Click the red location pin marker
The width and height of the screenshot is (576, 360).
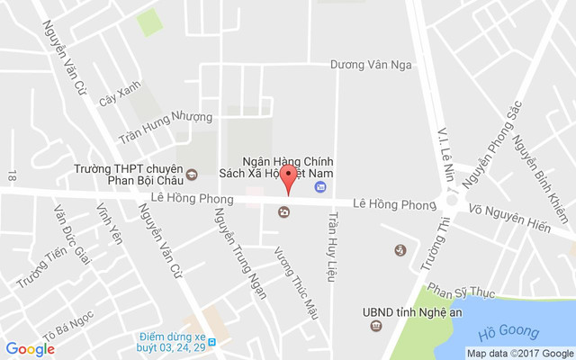point(288,177)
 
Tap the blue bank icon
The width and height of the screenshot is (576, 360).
point(319,187)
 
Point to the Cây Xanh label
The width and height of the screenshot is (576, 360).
point(121,99)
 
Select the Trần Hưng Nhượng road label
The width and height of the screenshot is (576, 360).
point(166,127)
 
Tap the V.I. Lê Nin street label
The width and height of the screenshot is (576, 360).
point(442,148)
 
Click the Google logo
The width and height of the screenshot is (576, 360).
point(30,349)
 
